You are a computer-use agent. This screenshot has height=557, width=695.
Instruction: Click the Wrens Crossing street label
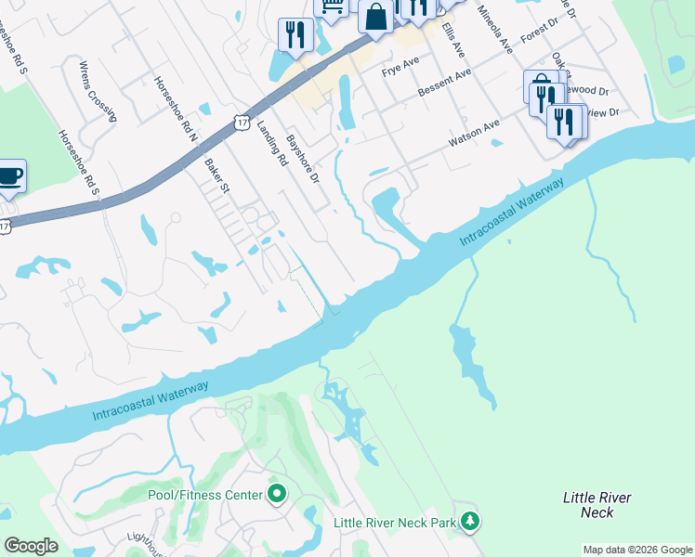(98, 92)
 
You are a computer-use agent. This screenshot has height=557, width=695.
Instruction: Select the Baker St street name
(215, 175)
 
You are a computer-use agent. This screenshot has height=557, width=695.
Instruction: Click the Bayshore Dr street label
(303, 159)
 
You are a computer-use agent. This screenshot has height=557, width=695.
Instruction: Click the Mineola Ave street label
(493, 31)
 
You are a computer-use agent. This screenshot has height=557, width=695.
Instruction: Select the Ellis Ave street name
(455, 38)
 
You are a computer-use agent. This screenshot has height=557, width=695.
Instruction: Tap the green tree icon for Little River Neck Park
(472, 522)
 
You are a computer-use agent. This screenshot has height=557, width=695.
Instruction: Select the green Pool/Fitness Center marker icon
(276, 493)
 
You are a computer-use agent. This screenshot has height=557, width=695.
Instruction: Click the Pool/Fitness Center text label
(205, 495)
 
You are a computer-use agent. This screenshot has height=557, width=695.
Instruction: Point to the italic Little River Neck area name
(597, 505)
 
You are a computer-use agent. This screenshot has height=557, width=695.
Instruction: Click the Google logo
(31, 546)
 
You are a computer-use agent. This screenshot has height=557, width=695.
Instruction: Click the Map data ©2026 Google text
(637, 550)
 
